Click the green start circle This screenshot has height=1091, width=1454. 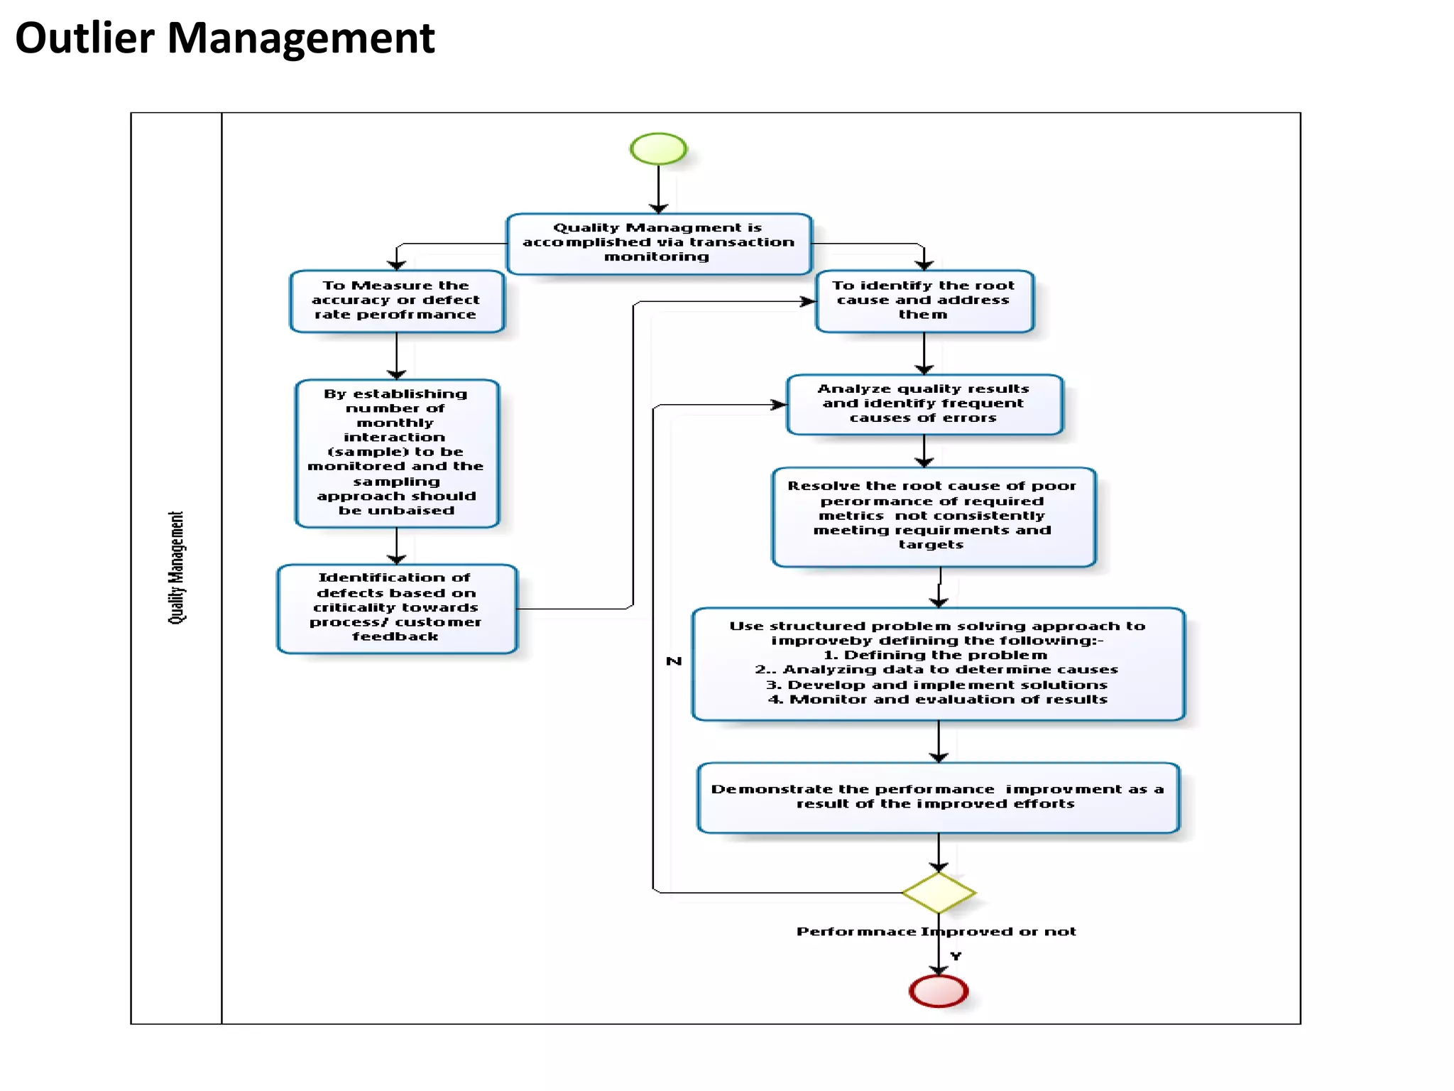(x=658, y=148)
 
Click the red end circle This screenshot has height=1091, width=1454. (x=938, y=991)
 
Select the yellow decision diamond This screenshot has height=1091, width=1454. (x=938, y=892)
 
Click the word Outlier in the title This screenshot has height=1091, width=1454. (x=84, y=38)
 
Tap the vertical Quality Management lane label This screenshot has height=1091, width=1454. (x=176, y=568)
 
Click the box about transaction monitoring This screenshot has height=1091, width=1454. (x=658, y=243)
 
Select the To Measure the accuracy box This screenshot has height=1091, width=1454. (x=396, y=300)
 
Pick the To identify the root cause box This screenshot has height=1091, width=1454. (x=924, y=300)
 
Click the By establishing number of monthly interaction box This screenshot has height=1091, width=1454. (x=396, y=452)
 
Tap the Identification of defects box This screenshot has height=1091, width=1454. (x=396, y=608)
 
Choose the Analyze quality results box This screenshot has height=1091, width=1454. (x=924, y=403)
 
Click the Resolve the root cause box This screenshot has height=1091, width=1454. (x=933, y=516)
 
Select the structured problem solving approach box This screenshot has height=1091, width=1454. (x=937, y=662)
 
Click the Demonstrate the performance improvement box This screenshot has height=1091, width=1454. (x=937, y=797)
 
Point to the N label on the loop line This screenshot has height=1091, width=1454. (x=674, y=661)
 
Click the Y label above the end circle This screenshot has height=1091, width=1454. (x=956, y=956)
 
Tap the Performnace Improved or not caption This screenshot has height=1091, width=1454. (x=936, y=931)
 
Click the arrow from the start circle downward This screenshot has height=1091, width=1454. (x=658, y=188)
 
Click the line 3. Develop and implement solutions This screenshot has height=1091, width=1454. (x=936, y=685)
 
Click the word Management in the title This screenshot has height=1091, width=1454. (x=300, y=38)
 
